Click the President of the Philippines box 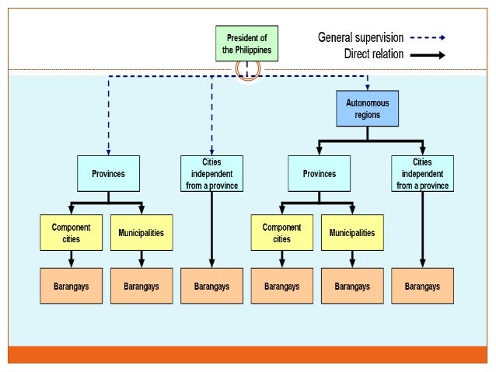pos(247,44)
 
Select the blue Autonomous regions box pos(368,108)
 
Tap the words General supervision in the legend pos(361,37)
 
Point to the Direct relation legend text pos(374,54)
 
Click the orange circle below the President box pos(247,69)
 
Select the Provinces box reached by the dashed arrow pos(108,174)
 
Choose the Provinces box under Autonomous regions pos(319,174)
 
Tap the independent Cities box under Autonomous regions pos(422,174)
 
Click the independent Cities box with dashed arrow pos(211,174)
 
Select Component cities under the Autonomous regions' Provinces pos(281,233)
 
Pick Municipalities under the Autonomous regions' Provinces pos(351,233)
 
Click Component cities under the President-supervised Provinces pos(71,233)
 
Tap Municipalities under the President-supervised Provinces pos(141,233)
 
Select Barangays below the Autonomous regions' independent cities pos(422,286)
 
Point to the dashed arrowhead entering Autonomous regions pos(368,87)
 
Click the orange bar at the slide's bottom pos(247,355)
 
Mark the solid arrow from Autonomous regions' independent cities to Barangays pos(422,229)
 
